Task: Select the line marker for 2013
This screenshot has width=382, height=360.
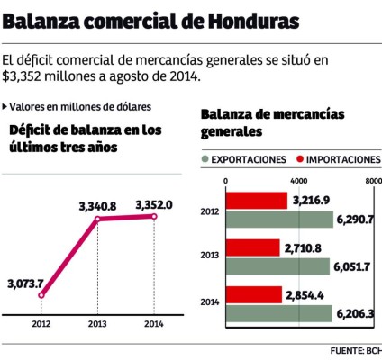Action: [96, 219]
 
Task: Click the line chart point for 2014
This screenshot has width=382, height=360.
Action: [154, 216]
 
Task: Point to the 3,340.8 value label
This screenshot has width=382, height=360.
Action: [97, 206]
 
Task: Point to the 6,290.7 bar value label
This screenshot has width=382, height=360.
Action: [355, 219]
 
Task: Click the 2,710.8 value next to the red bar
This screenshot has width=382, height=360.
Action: [304, 247]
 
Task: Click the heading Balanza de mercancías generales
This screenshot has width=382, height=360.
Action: [248, 122]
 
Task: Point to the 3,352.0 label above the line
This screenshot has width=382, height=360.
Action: [154, 204]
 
